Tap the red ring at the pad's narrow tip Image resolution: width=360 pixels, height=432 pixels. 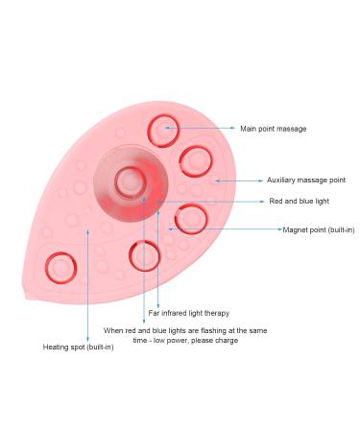[61, 266]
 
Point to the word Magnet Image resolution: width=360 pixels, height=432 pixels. [295, 229]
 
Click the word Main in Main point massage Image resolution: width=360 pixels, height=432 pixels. [249, 128]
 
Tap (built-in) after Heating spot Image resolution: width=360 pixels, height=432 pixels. [97, 347]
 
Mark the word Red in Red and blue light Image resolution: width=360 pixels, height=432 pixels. [276, 201]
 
